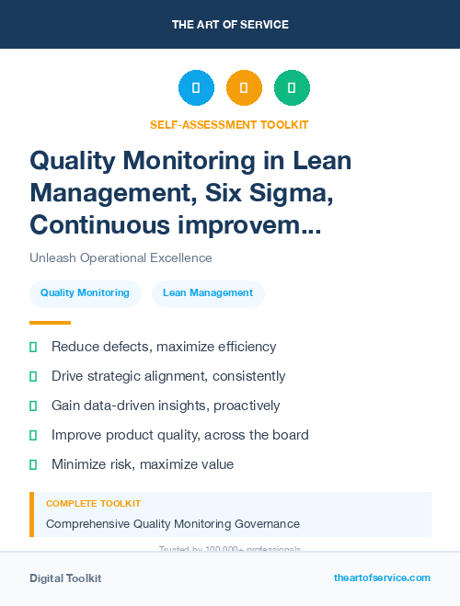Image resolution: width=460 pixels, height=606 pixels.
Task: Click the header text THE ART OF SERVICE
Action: pos(230,25)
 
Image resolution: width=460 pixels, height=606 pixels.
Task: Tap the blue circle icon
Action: pos(196,88)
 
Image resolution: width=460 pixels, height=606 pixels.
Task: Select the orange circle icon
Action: pos(244,88)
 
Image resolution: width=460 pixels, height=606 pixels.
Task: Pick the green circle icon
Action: pos(292,88)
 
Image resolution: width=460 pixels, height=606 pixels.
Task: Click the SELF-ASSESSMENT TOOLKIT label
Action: pos(229,124)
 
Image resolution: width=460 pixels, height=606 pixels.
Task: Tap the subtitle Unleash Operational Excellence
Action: pos(121,257)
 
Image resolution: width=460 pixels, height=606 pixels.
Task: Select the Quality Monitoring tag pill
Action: pos(85,292)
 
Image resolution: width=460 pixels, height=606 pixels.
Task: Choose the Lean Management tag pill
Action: pos(208,292)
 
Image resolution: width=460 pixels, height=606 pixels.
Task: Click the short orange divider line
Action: pos(50,323)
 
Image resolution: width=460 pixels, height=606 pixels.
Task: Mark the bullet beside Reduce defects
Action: pos(33,347)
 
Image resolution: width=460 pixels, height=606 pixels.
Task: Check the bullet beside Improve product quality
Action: pos(33,435)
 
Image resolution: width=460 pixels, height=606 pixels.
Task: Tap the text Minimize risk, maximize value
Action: pos(143,464)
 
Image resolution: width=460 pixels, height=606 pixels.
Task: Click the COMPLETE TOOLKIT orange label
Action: pos(93,504)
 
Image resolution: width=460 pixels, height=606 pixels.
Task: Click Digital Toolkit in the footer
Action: pos(65,578)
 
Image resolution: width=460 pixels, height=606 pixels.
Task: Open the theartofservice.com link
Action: pos(382,577)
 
